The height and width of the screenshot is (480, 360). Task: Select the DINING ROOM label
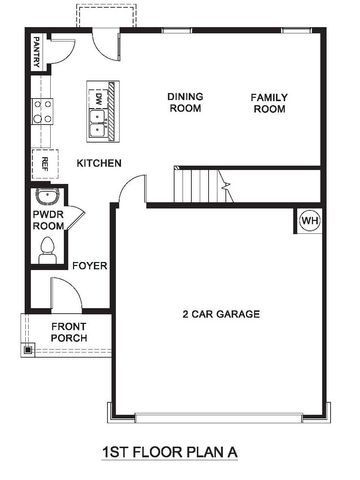[185, 102]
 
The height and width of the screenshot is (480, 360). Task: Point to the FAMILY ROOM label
[269, 102]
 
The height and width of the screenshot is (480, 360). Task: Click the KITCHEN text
[99, 163]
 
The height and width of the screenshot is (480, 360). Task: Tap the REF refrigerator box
[43, 162]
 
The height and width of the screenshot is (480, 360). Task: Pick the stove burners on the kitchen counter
[43, 111]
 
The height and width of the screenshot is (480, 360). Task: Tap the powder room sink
[44, 197]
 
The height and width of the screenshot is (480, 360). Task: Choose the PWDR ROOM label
[47, 220]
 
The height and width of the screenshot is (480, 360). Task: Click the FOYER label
[90, 266]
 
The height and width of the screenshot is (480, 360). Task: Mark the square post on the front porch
[27, 350]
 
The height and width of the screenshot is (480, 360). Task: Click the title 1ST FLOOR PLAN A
[170, 452]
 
